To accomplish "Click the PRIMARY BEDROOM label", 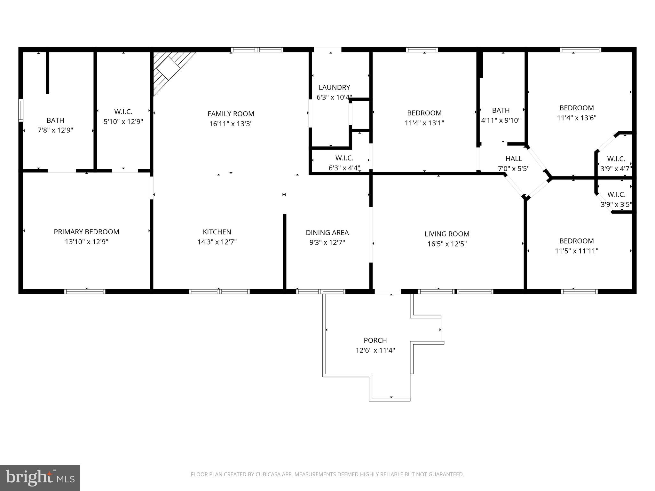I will click(x=86, y=232).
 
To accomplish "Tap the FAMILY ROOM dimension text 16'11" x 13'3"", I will click(x=231, y=124).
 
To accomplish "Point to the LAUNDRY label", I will click(x=334, y=87).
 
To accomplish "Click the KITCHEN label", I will click(x=217, y=232).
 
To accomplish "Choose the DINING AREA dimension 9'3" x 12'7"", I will click(x=327, y=242).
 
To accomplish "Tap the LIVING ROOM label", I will click(x=447, y=234).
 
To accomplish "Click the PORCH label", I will click(x=375, y=340).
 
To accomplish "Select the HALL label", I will click(x=514, y=159).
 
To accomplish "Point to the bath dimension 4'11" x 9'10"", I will click(x=501, y=120).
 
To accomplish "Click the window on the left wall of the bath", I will click(x=21, y=110).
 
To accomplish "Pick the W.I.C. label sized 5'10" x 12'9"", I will click(x=123, y=112).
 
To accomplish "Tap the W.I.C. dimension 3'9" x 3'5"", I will click(x=616, y=204).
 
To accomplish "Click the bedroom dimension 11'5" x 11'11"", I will click(x=576, y=251).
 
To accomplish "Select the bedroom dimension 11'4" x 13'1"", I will click(x=424, y=123).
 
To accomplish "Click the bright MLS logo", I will click(x=40, y=478).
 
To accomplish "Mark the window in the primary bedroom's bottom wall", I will click(x=85, y=291).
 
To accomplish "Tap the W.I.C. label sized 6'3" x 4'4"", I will click(x=344, y=158).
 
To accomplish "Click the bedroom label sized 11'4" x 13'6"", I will click(x=576, y=108).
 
